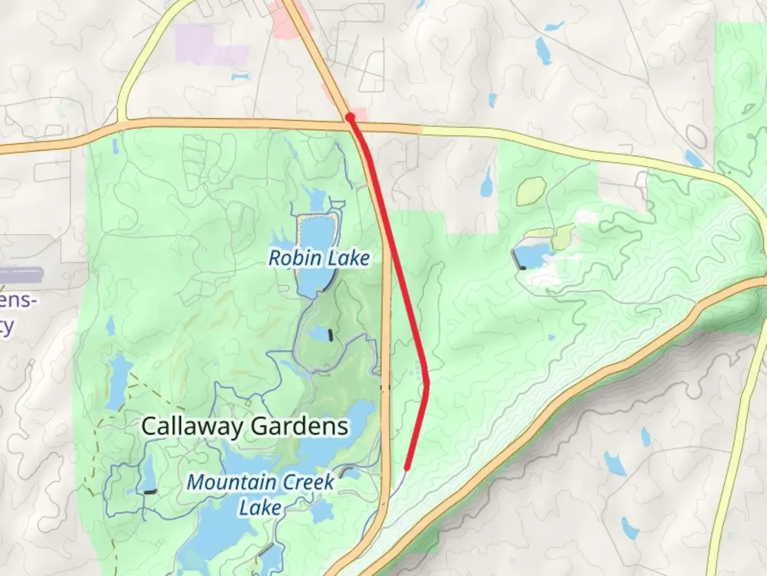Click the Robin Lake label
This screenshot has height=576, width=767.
coord(319,258)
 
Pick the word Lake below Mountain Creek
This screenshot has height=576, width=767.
coord(259,507)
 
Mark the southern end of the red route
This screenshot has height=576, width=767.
coord(407,469)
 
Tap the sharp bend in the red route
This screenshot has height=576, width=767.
coord(427,382)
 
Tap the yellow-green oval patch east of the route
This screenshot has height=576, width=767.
coord(531,190)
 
